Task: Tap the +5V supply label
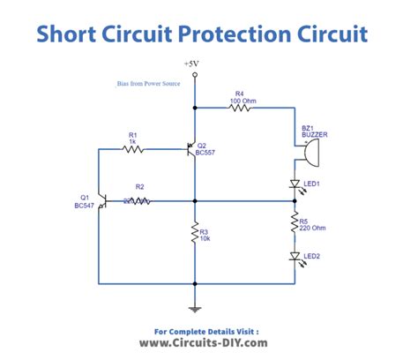pyautogui.click(x=193, y=64)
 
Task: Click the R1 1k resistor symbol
pyautogui.click(x=133, y=149)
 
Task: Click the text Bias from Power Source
pyautogui.click(x=147, y=83)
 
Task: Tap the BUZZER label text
pyautogui.click(x=313, y=135)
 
